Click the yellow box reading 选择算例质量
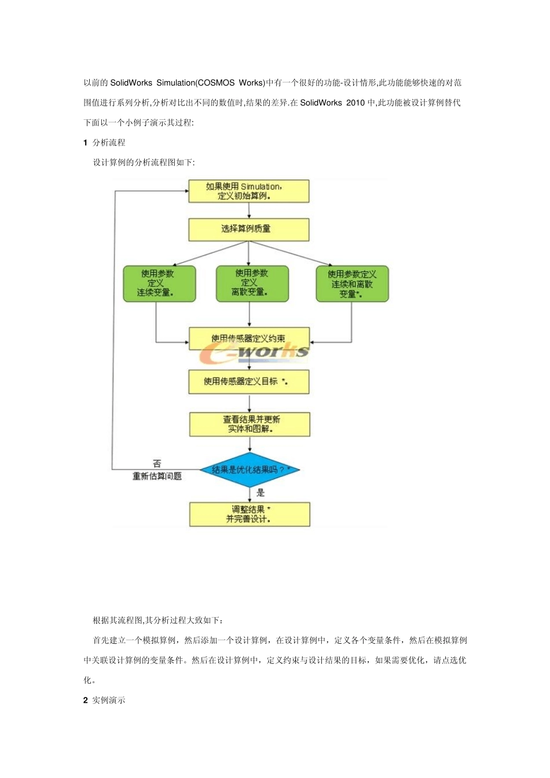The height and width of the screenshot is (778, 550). click(x=248, y=229)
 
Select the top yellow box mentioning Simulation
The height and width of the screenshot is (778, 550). click(x=248, y=192)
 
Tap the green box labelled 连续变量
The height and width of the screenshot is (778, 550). click(x=159, y=284)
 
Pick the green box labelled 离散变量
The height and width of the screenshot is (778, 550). click(x=252, y=284)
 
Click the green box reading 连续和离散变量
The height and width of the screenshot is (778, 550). click(x=352, y=284)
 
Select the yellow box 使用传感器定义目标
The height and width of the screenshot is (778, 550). click(x=248, y=382)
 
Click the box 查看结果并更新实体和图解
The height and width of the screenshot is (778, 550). click(x=250, y=424)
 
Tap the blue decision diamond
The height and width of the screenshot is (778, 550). click(x=250, y=469)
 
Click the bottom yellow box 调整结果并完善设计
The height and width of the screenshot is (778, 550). click(x=250, y=514)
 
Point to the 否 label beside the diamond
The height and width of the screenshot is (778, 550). click(x=157, y=464)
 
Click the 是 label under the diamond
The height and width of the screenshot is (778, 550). click(x=261, y=493)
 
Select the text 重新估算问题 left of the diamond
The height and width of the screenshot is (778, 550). click(x=157, y=476)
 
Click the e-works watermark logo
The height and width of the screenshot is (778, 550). click(x=255, y=353)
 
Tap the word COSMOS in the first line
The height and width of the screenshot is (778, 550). click(x=217, y=83)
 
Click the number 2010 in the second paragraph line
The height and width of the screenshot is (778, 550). click(x=355, y=103)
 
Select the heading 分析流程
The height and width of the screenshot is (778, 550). click(x=109, y=142)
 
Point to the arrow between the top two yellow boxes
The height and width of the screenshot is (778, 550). click(x=249, y=211)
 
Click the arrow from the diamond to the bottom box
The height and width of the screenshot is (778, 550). click(x=250, y=494)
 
